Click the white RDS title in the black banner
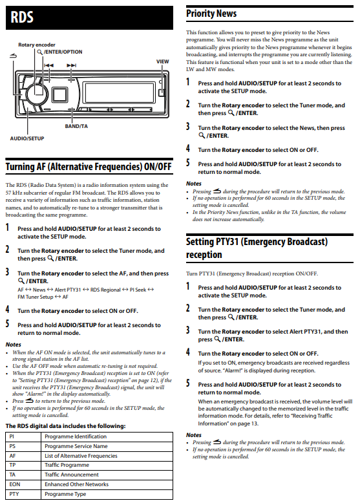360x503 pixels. pyautogui.click(x=22, y=17)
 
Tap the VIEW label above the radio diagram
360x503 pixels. pyautogui.click(x=162, y=61)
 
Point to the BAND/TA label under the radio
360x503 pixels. pyautogui.click(x=76, y=126)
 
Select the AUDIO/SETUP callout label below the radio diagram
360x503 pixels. pyautogui.click(x=27, y=138)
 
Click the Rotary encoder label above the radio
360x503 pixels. pyautogui.click(x=37, y=45)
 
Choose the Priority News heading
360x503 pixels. pyautogui.click(x=211, y=14)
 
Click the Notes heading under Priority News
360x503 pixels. pyautogui.click(x=194, y=184)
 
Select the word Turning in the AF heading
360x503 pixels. pyautogui.click(x=21, y=167)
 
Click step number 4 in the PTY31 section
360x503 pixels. pyautogui.click(x=188, y=352)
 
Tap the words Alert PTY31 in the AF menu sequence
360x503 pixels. pyautogui.click(x=68, y=290)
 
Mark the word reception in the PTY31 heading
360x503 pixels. pyautogui.click(x=204, y=255)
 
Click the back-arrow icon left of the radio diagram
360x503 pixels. pyautogui.click(x=13, y=56)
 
